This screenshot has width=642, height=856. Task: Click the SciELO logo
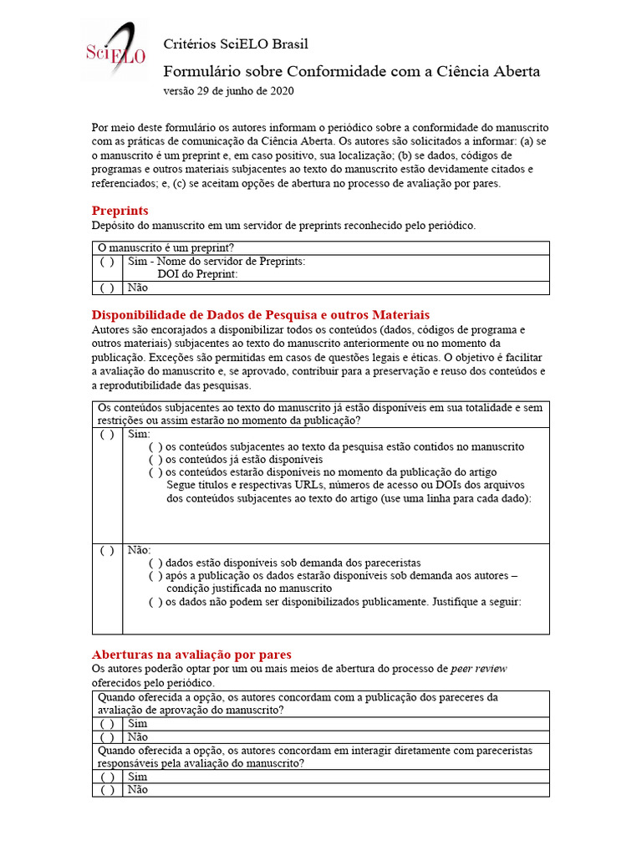coord(115,51)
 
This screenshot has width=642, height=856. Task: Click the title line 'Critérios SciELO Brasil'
coord(235,43)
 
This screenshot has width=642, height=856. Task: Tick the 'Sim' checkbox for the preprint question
coord(107,262)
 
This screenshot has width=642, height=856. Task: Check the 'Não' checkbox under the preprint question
coord(107,288)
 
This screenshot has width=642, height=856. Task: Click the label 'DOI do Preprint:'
coord(197,274)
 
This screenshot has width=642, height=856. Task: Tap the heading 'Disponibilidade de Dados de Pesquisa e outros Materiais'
coord(260,314)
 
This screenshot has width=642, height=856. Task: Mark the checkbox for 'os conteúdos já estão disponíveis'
coord(155,460)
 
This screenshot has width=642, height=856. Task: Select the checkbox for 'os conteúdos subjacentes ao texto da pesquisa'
coord(155,447)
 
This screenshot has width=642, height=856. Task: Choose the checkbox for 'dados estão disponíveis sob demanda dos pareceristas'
coord(155,563)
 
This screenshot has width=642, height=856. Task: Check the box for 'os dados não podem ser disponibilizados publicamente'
coord(155,601)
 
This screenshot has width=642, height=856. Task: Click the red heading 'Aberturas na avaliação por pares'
coord(191,654)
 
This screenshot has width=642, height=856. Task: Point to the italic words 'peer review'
coord(478,669)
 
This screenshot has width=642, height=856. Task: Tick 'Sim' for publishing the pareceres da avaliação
coord(107,723)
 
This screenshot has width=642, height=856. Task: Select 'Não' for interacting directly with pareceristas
coord(107,790)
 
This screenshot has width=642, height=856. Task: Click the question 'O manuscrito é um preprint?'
coord(166,247)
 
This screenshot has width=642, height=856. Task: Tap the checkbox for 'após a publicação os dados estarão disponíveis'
coord(155,576)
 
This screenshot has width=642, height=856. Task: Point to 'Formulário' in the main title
coord(197,71)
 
